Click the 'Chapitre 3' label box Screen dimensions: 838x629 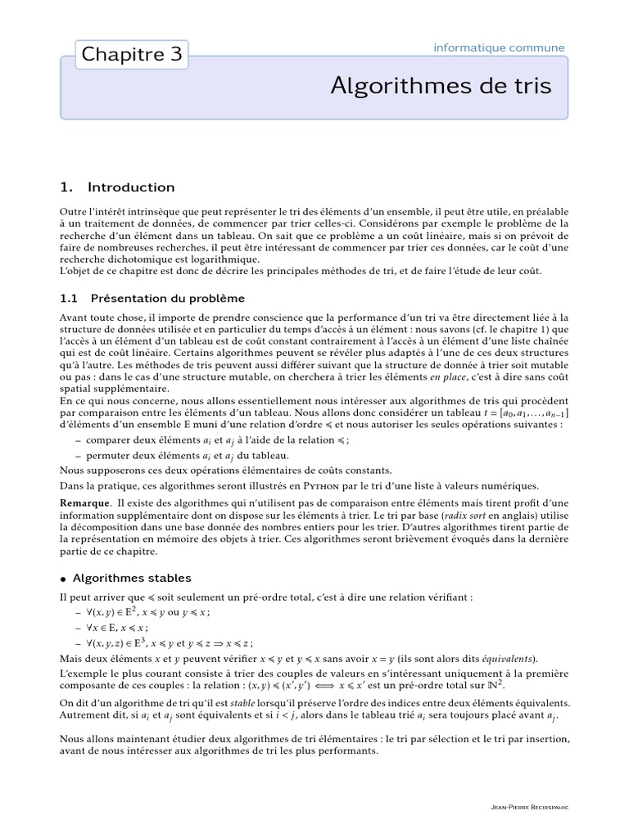(132, 55)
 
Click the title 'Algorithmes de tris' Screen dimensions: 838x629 (441, 86)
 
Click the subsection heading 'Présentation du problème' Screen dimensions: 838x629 (167, 298)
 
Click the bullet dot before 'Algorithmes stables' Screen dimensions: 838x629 (63, 579)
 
